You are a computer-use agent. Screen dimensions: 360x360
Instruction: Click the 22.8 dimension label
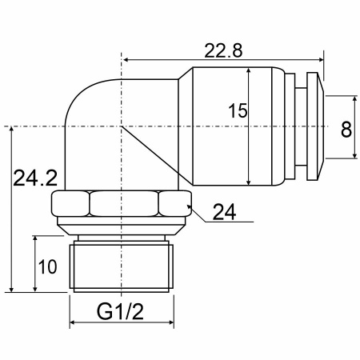pyautogui.click(x=223, y=50)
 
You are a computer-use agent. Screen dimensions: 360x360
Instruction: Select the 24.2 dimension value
pyautogui.click(x=35, y=178)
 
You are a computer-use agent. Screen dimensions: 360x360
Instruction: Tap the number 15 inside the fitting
pyautogui.click(x=238, y=110)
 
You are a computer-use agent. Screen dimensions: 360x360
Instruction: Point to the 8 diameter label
pyautogui.click(x=346, y=130)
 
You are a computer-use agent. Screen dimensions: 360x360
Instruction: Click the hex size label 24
pyautogui.click(x=224, y=212)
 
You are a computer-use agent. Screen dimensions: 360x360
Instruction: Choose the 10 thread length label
pyautogui.click(x=47, y=266)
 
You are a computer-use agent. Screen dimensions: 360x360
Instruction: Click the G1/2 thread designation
pyautogui.click(x=120, y=311)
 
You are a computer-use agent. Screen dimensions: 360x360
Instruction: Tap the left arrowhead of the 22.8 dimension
pyautogui.click(x=126, y=60)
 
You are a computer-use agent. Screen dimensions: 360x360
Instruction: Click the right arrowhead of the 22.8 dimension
pyautogui.click(x=319, y=60)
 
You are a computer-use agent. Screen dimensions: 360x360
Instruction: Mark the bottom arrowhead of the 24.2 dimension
pyautogui.click(x=11, y=289)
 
